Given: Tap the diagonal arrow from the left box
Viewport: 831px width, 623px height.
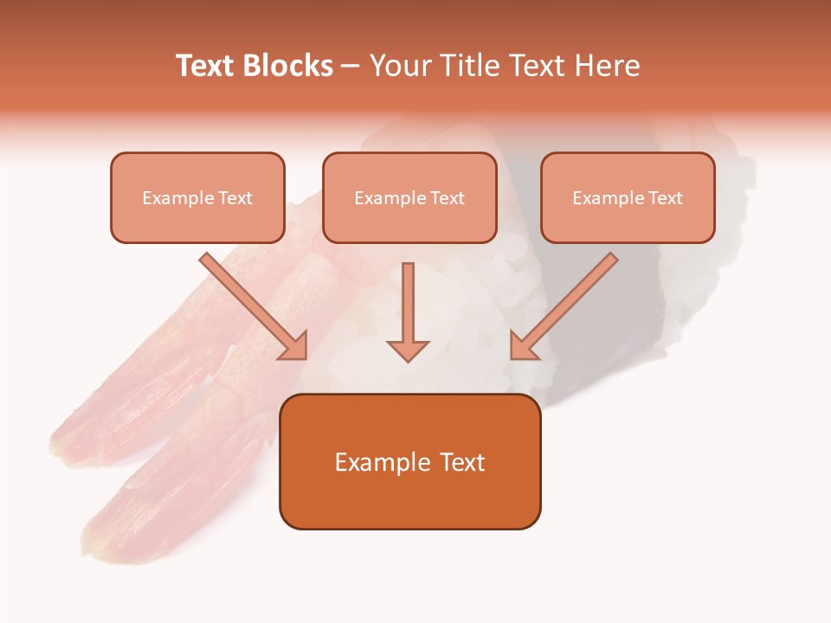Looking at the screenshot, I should [x=251, y=304].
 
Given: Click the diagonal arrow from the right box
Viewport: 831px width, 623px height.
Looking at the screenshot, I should [x=567, y=304].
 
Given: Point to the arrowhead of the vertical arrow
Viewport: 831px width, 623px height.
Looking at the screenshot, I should [x=408, y=350].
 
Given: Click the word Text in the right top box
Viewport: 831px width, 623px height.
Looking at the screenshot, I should [x=666, y=198].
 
